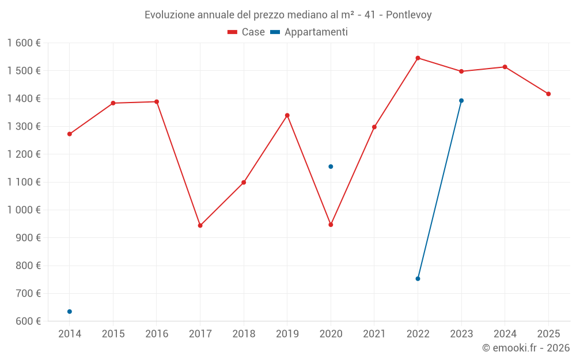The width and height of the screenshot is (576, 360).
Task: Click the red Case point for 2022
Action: (x=418, y=58)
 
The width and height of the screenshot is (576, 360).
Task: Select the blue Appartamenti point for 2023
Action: (x=461, y=101)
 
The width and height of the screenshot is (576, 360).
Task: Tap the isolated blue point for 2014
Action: (x=70, y=312)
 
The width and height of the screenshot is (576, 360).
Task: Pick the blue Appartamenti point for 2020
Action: (x=331, y=166)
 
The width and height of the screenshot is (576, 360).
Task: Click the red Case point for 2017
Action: (x=200, y=226)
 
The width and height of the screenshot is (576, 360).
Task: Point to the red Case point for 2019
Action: (x=287, y=115)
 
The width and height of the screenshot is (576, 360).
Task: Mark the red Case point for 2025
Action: (x=548, y=94)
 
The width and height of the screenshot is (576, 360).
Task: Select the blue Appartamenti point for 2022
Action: (x=418, y=279)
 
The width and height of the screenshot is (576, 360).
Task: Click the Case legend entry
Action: (x=246, y=32)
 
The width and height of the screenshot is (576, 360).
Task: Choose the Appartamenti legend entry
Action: (x=309, y=32)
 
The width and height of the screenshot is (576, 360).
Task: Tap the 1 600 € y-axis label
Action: (x=24, y=43)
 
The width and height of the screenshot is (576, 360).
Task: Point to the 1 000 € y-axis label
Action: (x=24, y=210)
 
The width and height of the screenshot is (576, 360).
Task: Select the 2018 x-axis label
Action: (x=244, y=334)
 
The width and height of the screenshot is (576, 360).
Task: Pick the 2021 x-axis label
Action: (x=374, y=334)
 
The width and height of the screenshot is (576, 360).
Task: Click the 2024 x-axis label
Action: (x=505, y=334)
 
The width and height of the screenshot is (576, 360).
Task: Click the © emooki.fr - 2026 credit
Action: (x=525, y=348)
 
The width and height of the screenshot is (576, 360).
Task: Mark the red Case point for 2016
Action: (x=157, y=102)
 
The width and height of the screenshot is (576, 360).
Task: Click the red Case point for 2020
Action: (x=331, y=225)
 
